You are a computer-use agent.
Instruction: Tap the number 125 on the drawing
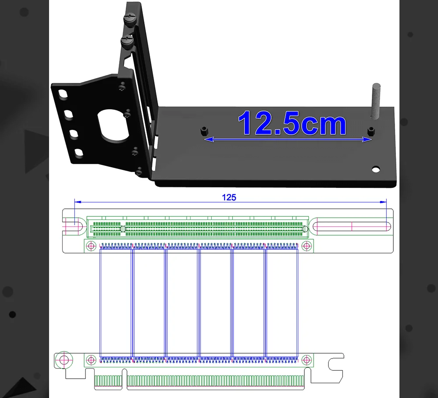[x=229, y=197]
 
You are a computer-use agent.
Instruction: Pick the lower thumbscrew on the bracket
[x=127, y=42]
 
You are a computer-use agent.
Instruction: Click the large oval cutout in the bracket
[x=113, y=125]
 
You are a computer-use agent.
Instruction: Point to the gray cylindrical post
[x=376, y=101]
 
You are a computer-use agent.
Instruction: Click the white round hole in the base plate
[x=376, y=169]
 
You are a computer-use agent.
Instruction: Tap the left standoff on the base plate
[x=204, y=130]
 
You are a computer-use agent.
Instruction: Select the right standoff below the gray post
[x=371, y=131]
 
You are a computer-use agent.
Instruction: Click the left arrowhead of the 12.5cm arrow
[x=209, y=139]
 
